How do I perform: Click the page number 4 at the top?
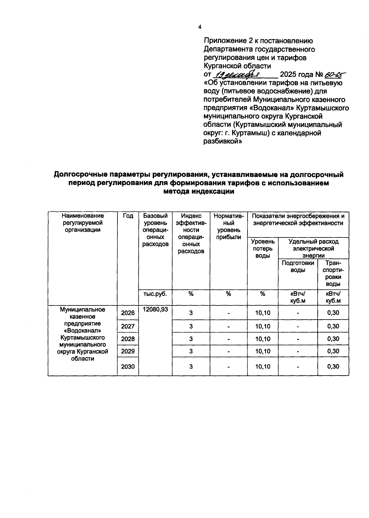click(x=200, y=27)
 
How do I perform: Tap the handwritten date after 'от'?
click(x=238, y=74)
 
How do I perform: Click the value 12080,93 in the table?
click(x=155, y=309)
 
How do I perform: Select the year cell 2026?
click(x=128, y=313)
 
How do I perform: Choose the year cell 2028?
click(x=128, y=339)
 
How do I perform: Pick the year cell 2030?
click(x=128, y=366)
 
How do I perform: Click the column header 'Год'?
click(x=128, y=216)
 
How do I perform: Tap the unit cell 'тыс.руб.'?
click(x=155, y=294)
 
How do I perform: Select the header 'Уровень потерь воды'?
click(x=263, y=249)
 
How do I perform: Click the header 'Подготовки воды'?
click(x=298, y=266)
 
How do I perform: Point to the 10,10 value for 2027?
click(x=263, y=326)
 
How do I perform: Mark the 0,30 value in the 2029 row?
click(x=333, y=351)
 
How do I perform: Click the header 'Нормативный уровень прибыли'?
click(x=228, y=226)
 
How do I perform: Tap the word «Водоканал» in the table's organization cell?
click(x=82, y=331)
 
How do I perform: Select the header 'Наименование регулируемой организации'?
click(x=82, y=223)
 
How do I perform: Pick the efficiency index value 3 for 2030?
click(x=191, y=366)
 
